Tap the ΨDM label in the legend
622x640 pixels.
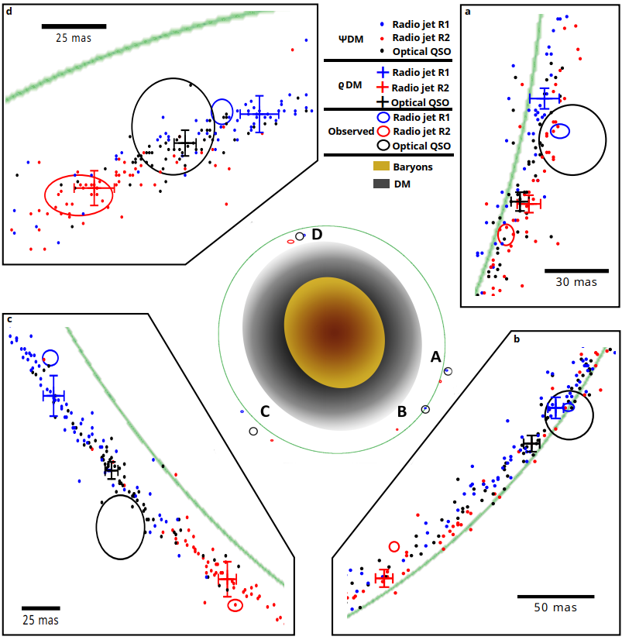(x=339, y=38)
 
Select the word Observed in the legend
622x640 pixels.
(x=350, y=132)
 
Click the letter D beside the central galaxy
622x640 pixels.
(x=316, y=235)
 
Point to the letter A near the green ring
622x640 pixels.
(x=436, y=356)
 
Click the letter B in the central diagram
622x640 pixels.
(x=403, y=411)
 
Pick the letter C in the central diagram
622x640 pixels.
(x=265, y=411)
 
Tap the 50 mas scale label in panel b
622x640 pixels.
(x=555, y=607)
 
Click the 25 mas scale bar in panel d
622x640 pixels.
(x=74, y=26)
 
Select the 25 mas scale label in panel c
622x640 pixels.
(x=40, y=620)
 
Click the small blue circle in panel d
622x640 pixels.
(x=222, y=111)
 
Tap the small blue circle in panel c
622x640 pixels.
(x=50, y=357)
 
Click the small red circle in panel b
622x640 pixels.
(x=394, y=546)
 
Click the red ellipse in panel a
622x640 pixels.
(x=506, y=234)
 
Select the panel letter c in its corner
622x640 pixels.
(x=9, y=318)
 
